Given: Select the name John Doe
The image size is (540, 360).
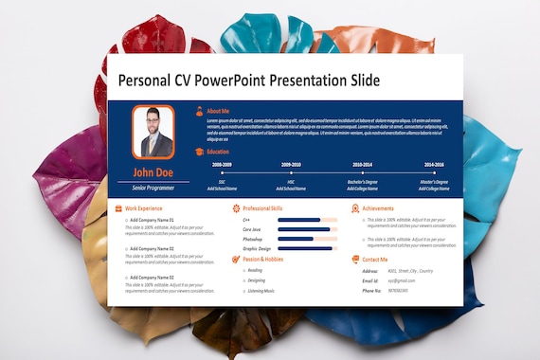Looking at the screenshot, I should (152, 172).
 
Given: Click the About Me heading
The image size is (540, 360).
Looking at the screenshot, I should (218, 111).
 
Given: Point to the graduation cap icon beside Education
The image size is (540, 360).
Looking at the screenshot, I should (198, 152).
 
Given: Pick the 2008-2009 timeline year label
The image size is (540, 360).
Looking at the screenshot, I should (222, 164).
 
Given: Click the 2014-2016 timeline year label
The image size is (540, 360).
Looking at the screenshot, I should (434, 164).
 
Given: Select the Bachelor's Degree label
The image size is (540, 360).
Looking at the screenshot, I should (363, 181).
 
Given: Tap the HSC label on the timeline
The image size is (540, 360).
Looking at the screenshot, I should (291, 181).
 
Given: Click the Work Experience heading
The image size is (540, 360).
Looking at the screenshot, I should (144, 207).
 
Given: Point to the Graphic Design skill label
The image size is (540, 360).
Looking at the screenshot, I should (257, 248).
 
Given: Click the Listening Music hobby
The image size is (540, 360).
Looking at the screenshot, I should (261, 291).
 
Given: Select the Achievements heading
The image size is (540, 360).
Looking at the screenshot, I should (378, 207).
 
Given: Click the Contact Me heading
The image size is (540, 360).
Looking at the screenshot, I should (374, 259).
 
